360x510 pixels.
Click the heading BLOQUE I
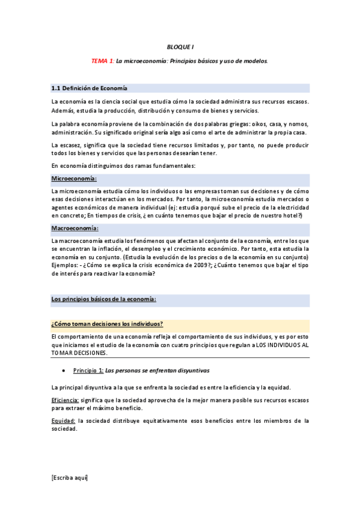(x=180, y=46)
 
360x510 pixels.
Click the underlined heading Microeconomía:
(x=74, y=179)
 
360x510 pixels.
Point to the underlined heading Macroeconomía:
(x=75, y=229)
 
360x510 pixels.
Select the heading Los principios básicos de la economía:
(x=104, y=299)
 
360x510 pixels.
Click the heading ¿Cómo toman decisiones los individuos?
(x=108, y=324)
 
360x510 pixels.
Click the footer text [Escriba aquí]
(x=70, y=478)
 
